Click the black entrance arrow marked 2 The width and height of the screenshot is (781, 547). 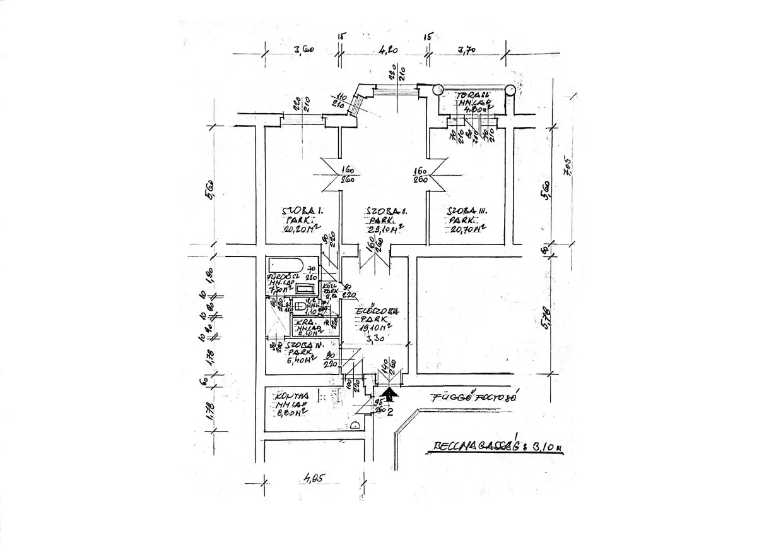(x=390, y=396)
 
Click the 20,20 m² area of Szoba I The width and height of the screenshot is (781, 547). (x=299, y=229)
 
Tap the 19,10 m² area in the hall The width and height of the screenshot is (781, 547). (x=373, y=328)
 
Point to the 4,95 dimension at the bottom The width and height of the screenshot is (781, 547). (x=313, y=479)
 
